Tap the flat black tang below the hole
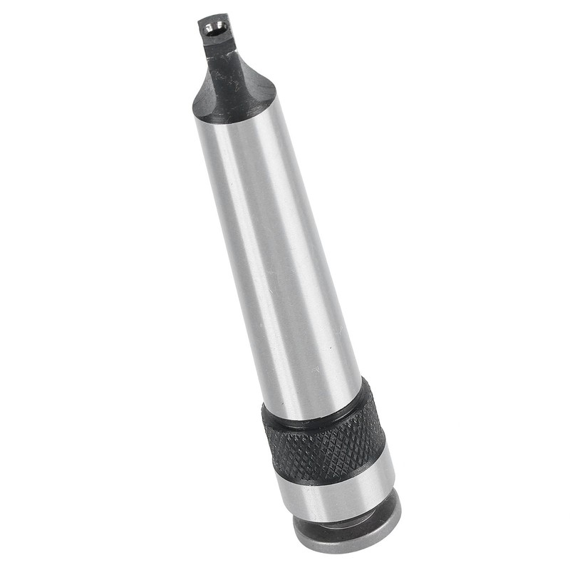(217, 50)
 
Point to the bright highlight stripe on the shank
(256, 235)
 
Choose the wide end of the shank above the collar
(313, 385)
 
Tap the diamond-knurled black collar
(328, 445)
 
